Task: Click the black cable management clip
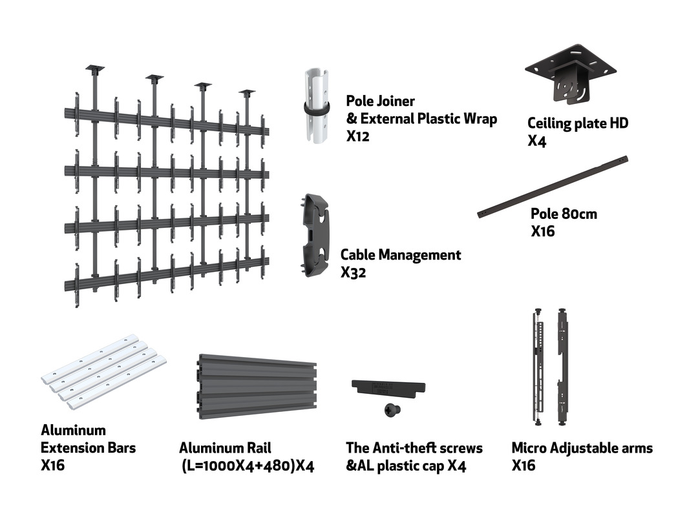pyautogui.click(x=315, y=235)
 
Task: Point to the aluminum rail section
pyautogui.click(x=256, y=386)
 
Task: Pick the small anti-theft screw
pyautogui.click(x=390, y=409)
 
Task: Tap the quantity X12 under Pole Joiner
pyautogui.click(x=357, y=137)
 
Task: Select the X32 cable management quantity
pyautogui.click(x=354, y=272)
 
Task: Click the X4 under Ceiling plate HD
pyautogui.click(x=536, y=141)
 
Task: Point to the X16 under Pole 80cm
pyautogui.click(x=543, y=231)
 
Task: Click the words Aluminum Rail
pyautogui.click(x=225, y=448)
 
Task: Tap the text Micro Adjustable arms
pyautogui.click(x=582, y=448)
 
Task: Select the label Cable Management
pyautogui.click(x=401, y=255)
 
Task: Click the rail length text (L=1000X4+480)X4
pyautogui.click(x=248, y=466)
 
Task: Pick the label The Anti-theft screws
pyautogui.click(x=414, y=448)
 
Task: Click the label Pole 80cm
pyautogui.click(x=564, y=214)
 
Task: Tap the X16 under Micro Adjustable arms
pyautogui.click(x=523, y=466)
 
